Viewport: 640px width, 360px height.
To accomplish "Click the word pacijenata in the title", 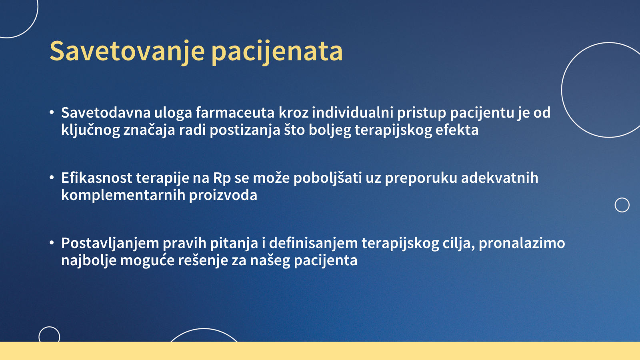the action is click(x=277, y=52).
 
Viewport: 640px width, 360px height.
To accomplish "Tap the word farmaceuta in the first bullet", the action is click(x=235, y=112).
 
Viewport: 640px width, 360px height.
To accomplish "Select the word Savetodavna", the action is click(x=106, y=112).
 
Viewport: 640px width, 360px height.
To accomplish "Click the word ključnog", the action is click(x=90, y=130).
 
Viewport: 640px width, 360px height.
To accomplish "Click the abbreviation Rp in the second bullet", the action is click(x=222, y=178).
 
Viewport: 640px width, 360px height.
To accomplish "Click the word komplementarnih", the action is click(x=123, y=196).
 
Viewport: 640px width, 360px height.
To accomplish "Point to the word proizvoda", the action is click(x=223, y=196).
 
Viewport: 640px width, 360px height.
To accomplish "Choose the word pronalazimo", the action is click(x=522, y=244).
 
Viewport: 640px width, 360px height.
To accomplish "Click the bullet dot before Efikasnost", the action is click(x=52, y=178).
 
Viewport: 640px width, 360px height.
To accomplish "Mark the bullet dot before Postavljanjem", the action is click(x=52, y=243).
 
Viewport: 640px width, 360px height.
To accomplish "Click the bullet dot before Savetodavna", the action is click(x=52, y=112).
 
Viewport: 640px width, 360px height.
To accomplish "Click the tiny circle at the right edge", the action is click(x=615, y=205).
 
